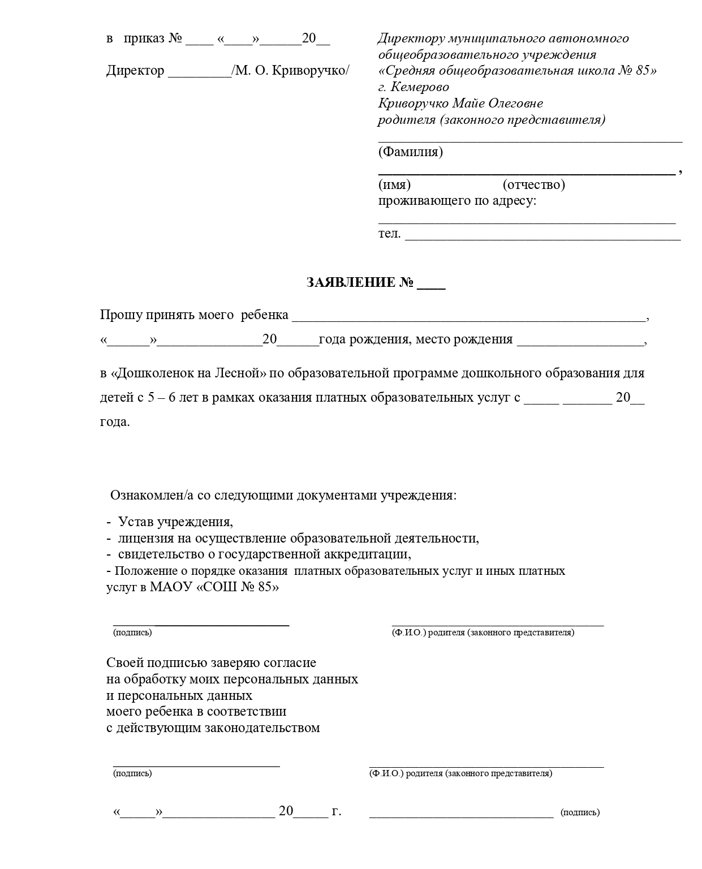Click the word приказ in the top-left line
click(x=144, y=38)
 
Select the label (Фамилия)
click(x=411, y=152)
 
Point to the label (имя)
click(x=394, y=184)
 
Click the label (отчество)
click(x=533, y=184)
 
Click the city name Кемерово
click(x=421, y=87)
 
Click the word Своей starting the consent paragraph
click(x=122, y=662)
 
